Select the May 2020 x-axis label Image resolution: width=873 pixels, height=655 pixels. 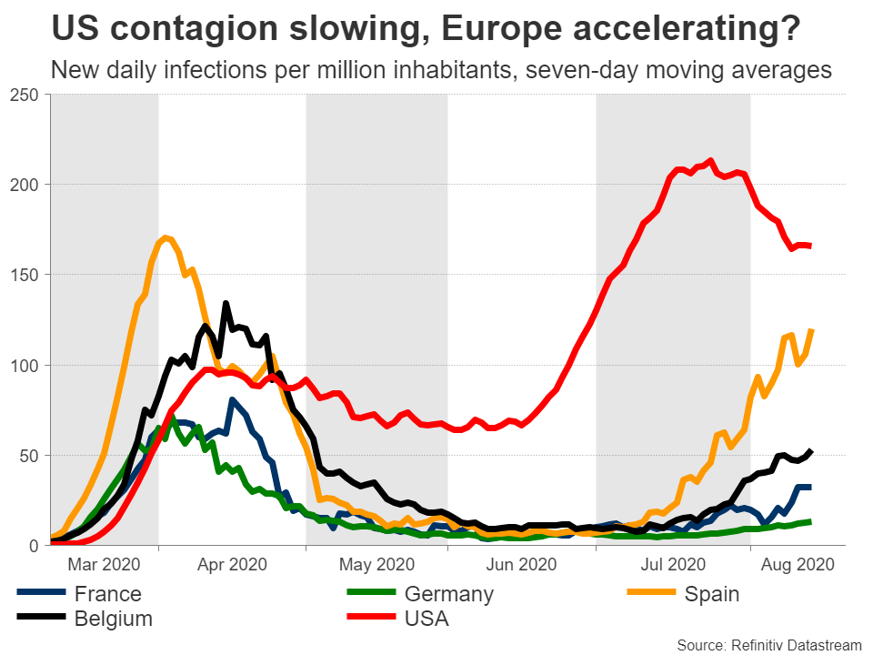coord(376,564)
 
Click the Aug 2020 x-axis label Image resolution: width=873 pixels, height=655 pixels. coord(798,564)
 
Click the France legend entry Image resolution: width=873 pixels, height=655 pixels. coord(108,595)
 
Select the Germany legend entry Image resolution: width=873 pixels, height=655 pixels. coord(448,595)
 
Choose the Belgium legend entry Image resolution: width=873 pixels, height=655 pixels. coord(113,620)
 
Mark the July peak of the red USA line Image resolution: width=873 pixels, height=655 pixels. coord(710,161)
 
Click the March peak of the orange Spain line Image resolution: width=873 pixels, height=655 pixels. coord(165,238)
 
